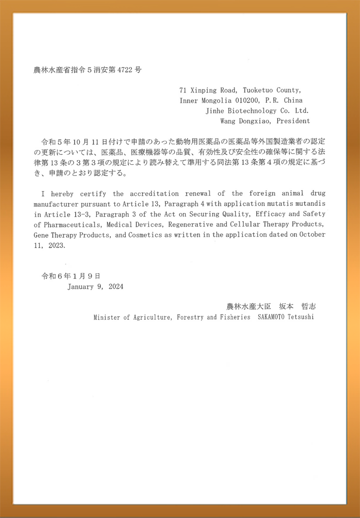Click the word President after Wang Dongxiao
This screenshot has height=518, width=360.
coord(292,121)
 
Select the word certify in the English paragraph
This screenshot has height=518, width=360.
coord(93,194)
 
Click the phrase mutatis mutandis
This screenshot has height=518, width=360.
coord(300,203)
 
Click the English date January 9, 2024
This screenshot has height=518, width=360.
coord(95,286)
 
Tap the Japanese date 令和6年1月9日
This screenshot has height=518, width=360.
coord(71,276)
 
